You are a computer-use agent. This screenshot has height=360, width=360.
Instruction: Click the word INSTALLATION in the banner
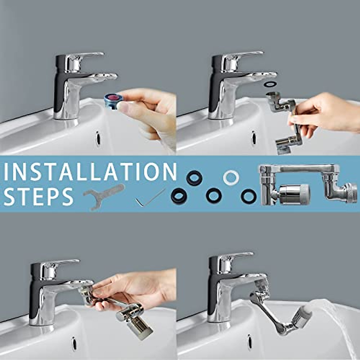[x=90, y=171]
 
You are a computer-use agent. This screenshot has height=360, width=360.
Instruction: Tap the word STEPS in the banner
[x=38, y=197]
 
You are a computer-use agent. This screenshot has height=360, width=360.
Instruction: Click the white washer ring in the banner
[x=231, y=178]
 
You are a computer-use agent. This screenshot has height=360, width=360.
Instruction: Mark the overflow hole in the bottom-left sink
[x=73, y=343]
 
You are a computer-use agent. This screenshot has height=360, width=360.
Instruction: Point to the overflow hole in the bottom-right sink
[x=250, y=341]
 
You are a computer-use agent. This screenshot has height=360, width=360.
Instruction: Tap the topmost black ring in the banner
[x=194, y=178]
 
